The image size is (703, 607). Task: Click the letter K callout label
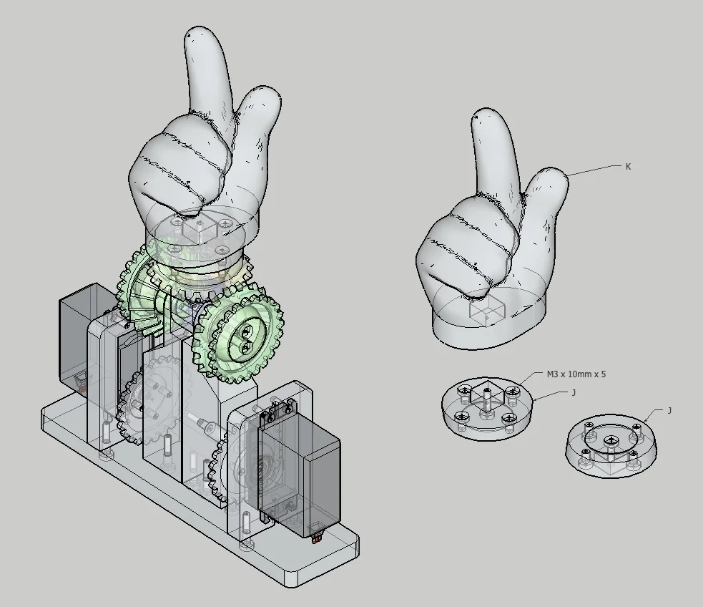point(628,167)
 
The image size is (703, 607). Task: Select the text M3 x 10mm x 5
point(576,374)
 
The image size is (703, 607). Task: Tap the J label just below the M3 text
point(574,393)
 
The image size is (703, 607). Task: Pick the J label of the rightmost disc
point(669,411)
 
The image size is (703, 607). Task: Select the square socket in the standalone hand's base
point(487,309)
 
